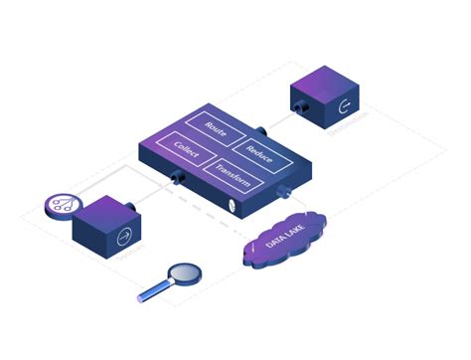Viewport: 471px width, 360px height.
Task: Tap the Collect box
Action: [x=187, y=150]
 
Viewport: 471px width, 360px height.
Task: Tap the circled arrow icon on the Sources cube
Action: [x=124, y=236]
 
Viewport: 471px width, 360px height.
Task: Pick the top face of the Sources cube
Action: [x=104, y=206]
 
